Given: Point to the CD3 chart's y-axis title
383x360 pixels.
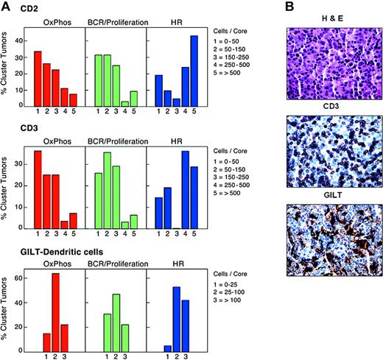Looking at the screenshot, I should (x=7, y=188).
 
